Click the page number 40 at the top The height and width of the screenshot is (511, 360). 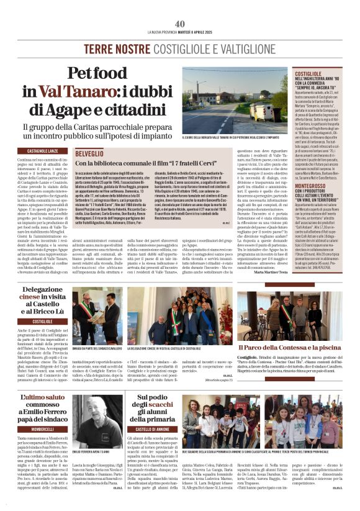[x=180, y=24]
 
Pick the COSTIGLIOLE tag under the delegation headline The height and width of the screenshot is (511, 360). [x=43, y=321]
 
